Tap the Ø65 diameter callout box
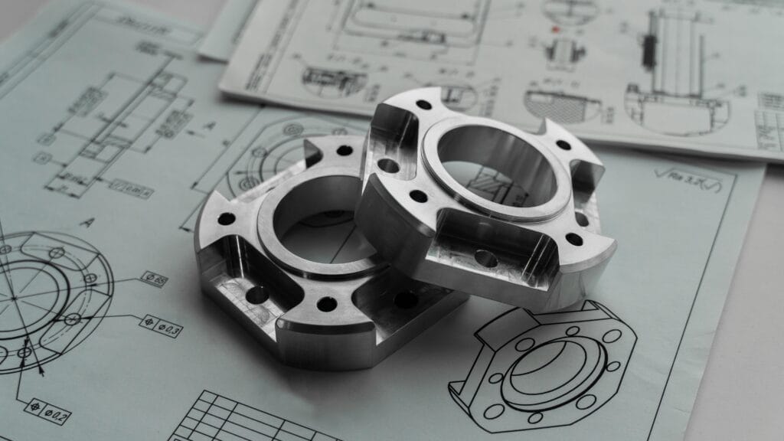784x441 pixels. pos(154,279)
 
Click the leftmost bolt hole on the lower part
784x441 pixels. pos(226,219)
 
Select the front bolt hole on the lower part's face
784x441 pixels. pos(327,304)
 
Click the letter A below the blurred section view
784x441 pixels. pos(87,223)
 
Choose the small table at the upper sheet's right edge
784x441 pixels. pos(769,115)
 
